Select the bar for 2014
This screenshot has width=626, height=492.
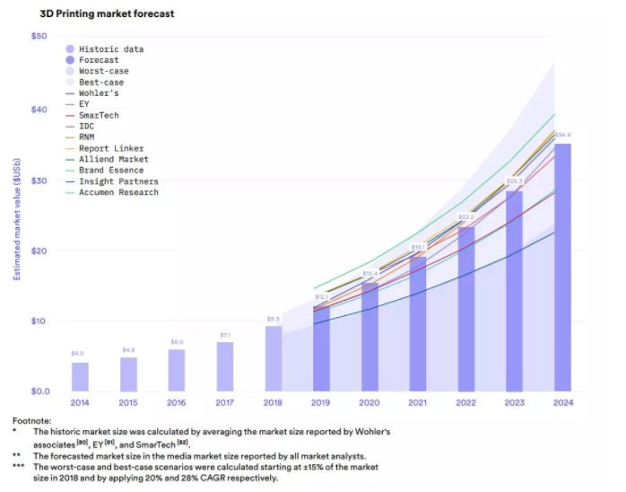[80, 376]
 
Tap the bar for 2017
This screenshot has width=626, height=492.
[224, 366]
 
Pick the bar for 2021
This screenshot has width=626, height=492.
[417, 324]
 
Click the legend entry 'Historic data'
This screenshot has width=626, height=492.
[111, 49]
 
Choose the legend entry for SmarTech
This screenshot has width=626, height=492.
[99, 116]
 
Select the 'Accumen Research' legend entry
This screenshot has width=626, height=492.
[118, 192]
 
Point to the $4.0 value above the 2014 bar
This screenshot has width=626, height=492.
[79, 354]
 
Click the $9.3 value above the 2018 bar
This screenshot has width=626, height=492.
[273, 318]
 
